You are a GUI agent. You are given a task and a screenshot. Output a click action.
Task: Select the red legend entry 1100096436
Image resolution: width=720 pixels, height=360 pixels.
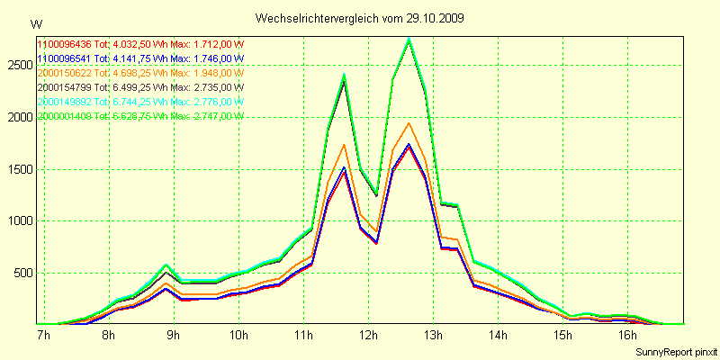coord(64,44)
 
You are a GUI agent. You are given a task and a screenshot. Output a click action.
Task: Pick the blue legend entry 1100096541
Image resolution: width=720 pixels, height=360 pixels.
coord(64,58)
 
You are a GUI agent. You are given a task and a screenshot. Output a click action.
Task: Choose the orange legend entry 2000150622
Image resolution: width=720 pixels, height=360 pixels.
coord(64,73)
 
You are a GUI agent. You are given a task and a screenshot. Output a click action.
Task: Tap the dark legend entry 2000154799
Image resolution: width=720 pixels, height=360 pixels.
coord(64,87)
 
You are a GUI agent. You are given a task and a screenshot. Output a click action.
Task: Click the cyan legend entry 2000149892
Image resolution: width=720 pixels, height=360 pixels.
coord(64,102)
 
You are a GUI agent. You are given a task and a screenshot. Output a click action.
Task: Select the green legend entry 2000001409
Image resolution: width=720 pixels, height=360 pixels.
coord(64,116)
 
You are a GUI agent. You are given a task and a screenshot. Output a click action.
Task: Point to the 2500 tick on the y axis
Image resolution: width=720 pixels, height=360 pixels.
coord(18,66)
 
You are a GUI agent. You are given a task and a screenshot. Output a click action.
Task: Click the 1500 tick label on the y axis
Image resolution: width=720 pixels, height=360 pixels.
coord(18,169)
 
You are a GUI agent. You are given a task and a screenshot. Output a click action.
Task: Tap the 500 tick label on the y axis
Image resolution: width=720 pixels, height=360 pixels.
coord(21,274)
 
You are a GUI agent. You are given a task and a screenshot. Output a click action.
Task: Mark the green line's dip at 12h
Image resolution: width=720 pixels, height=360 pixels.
coord(376,193)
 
